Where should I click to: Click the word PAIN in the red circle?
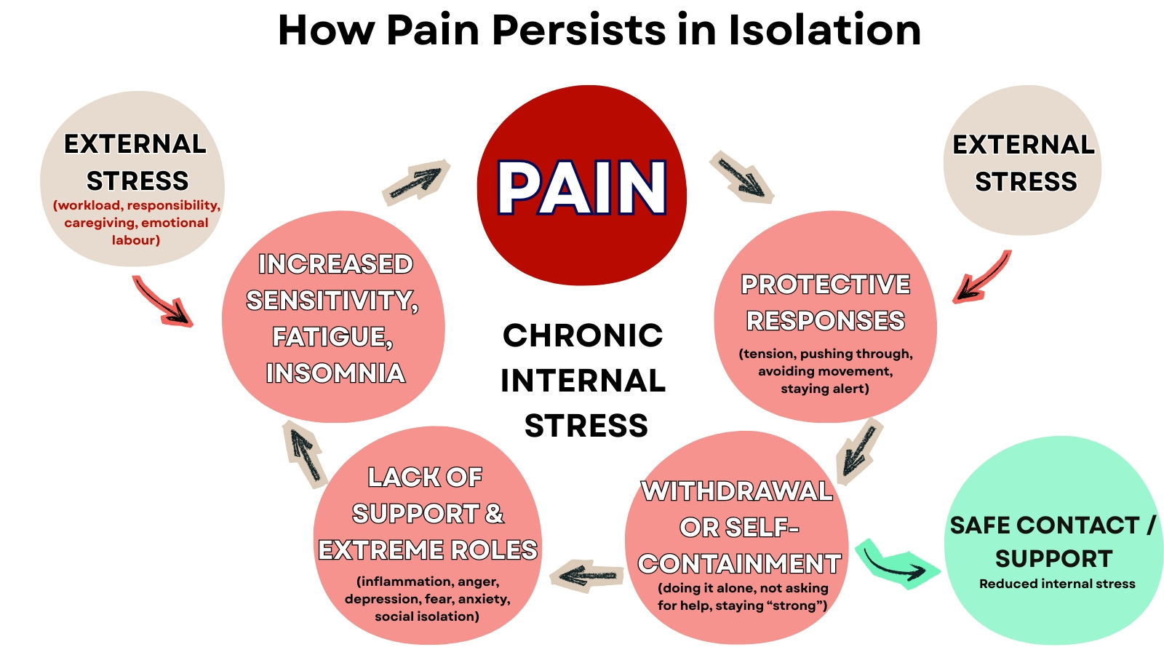[581, 188]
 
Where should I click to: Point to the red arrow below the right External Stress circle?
[982, 277]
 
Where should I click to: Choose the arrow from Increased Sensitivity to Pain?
[415, 183]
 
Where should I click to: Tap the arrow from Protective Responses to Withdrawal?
[859, 450]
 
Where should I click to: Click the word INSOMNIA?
[335, 373]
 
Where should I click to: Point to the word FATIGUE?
[332, 337]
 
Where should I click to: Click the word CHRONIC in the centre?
[583, 336]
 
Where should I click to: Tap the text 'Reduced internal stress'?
[1056, 584]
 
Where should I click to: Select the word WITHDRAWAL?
[736, 491]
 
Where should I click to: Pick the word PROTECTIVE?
[825, 285]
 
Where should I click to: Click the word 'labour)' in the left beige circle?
[136, 240]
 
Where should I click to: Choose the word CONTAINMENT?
[739, 564]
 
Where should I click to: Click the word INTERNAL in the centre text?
[583, 381]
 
